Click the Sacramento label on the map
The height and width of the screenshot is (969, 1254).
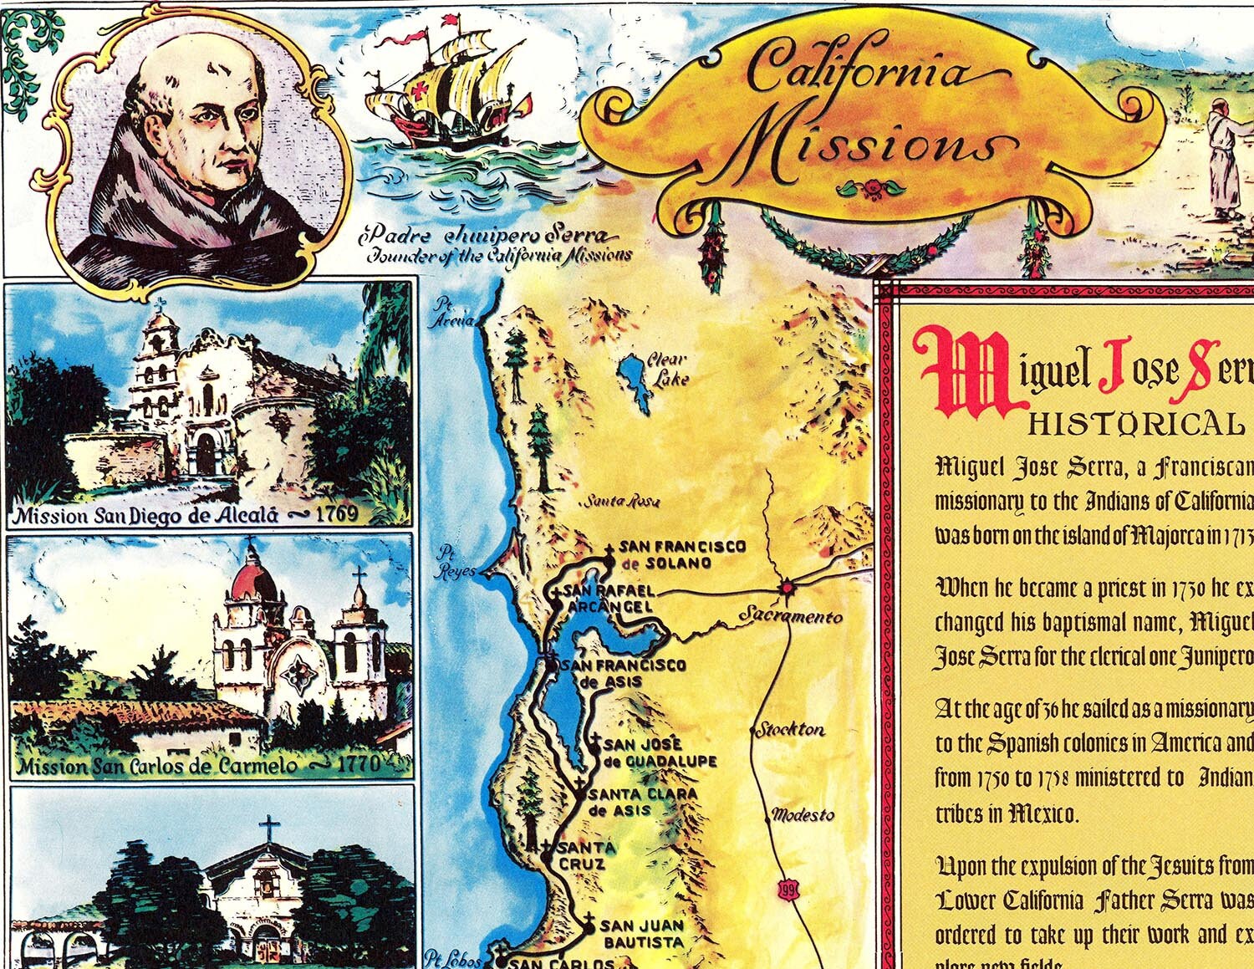(791, 617)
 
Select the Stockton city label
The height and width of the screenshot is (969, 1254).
(790, 729)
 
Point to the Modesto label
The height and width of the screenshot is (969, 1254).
(803, 814)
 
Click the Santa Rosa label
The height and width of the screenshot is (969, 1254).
(621, 502)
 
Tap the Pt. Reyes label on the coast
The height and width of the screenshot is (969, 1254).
(457, 562)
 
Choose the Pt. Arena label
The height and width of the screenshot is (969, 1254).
(452, 312)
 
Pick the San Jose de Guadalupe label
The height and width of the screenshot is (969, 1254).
(659, 752)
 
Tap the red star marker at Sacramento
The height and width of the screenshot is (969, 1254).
(786, 588)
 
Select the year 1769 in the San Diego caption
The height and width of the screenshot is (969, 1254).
(334, 513)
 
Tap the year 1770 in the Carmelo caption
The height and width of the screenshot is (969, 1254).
(359, 763)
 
